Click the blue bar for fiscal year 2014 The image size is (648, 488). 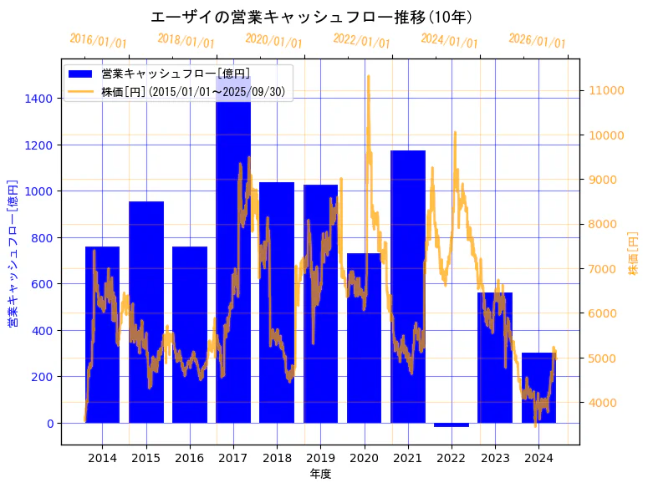click(102, 334)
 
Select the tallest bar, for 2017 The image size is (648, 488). click(233, 251)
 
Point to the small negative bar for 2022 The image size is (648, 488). click(452, 424)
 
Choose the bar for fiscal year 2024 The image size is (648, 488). click(538, 388)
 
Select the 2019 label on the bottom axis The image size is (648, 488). click(320, 458)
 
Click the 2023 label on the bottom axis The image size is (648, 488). click(495, 458)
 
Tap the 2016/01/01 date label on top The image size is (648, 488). click(98, 40)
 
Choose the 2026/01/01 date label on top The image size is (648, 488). click(537, 42)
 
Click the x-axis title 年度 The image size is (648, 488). click(320, 474)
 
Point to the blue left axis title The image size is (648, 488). click(13, 252)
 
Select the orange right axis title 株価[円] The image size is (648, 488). click(633, 252)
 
